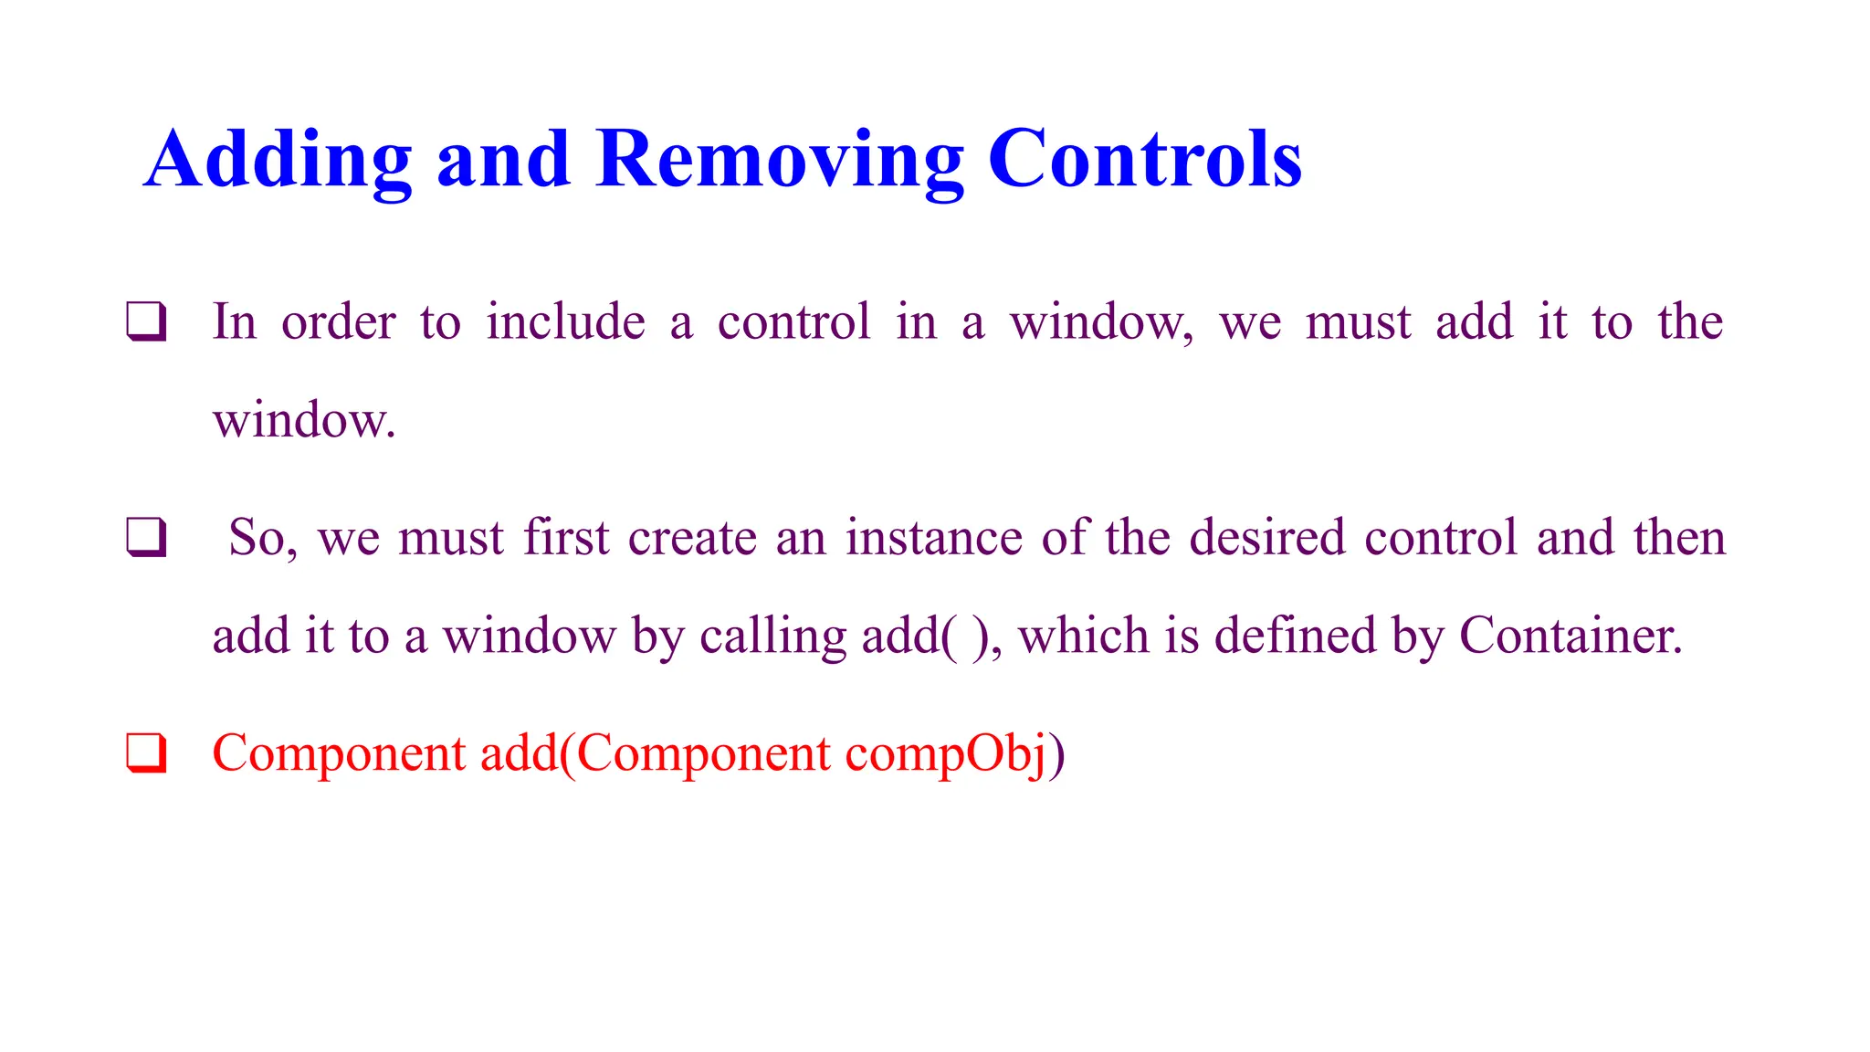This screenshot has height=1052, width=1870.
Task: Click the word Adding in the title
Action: point(278,161)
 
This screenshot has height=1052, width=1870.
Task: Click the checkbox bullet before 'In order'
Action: point(146,322)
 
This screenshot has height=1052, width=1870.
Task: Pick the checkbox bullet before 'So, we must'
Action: point(146,538)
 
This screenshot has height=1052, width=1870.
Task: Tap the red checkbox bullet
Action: point(146,754)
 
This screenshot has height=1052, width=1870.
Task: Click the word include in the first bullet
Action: point(565,321)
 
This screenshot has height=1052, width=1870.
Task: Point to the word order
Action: point(338,322)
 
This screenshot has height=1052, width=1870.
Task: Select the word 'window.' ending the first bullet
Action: point(304,421)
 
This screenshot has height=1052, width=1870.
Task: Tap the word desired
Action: point(1267,537)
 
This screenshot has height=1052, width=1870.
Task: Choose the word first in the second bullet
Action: point(566,537)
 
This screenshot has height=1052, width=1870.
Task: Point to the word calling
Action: point(772,636)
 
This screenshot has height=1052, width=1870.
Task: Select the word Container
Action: point(1571,636)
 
